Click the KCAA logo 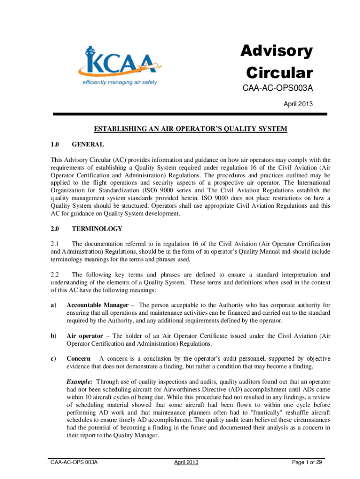tap(121, 65)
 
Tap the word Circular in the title tap(280, 73)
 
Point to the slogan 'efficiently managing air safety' tap(120, 82)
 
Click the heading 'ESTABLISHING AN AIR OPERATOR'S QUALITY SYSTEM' tap(190, 129)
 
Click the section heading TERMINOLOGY tap(97, 229)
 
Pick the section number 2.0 tap(55, 229)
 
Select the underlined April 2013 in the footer tap(187, 463)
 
